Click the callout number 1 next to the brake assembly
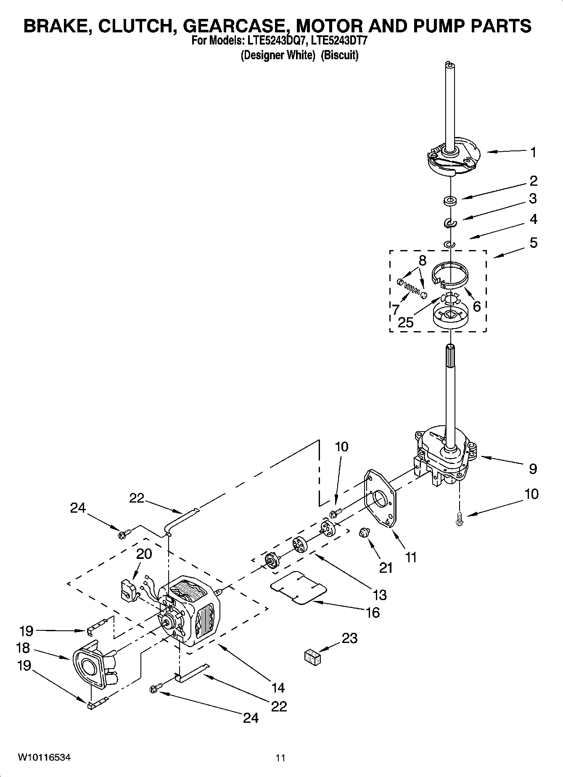coord(533,152)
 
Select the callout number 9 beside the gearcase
coord(533,469)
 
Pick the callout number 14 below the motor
coord(278,687)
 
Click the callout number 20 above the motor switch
coord(144,554)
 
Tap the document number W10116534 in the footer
coord(44,758)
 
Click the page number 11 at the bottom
coord(280,758)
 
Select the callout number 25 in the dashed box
coord(406,323)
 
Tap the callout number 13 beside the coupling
coord(380,595)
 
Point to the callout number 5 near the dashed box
coord(533,243)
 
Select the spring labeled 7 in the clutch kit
coord(412,289)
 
